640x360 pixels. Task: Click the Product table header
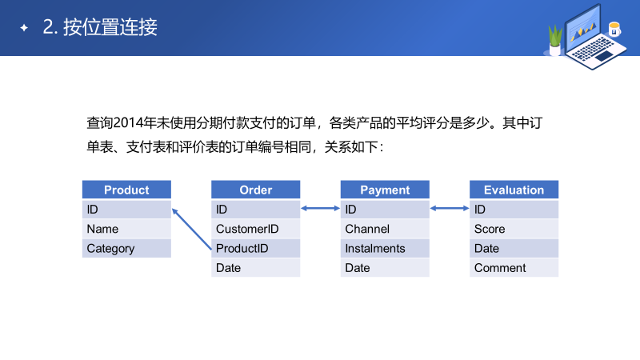tap(126, 190)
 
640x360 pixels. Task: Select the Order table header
tap(256, 190)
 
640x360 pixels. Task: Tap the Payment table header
tap(385, 190)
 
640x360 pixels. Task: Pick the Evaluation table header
tap(514, 190)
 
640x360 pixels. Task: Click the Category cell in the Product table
tap(126, 248)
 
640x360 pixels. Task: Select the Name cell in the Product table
tap(126, 229)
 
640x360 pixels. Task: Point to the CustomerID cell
tap(256, 229)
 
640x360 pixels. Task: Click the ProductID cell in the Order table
tap(256, 248)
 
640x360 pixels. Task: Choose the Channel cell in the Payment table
tap(385, 229)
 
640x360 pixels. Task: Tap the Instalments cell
tap(385, 248)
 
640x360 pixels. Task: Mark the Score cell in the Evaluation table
tap(514, 229)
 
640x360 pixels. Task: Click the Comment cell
tap(514, 268)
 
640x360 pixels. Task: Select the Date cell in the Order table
tap(256, 268)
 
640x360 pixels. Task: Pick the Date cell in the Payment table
tap(385, 268)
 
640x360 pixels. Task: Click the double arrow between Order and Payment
tap(320, 210)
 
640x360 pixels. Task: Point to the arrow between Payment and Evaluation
tap(450, 210)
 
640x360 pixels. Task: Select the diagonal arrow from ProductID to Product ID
tap(192, 230)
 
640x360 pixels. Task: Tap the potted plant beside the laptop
tap(554, 39)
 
